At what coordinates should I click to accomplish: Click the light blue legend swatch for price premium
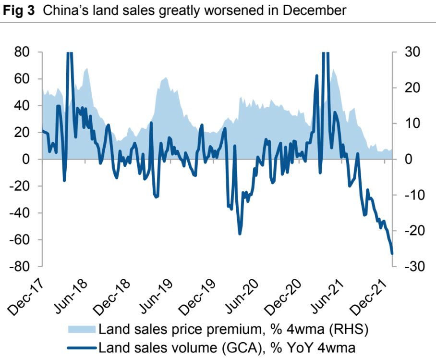(x=82, y=329)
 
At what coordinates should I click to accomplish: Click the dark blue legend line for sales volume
(x=82, y=347)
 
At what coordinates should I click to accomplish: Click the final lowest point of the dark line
(x=392, y=253)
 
